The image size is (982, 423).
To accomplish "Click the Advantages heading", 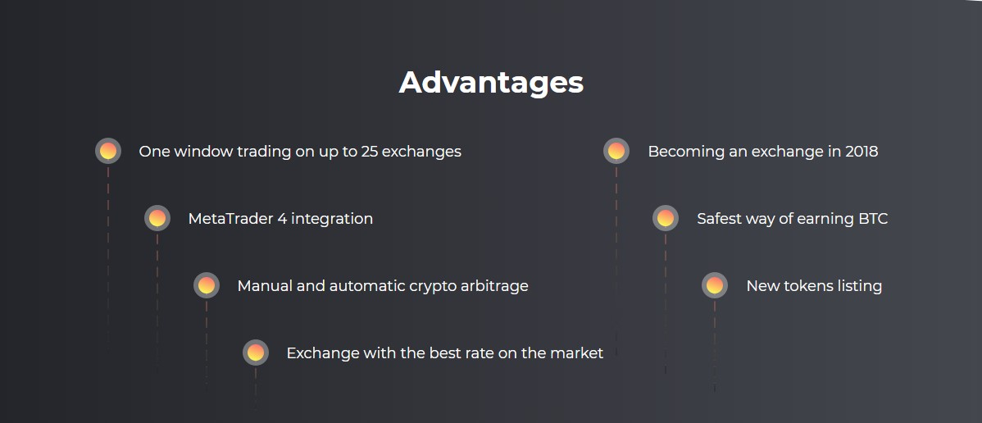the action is pos(491,83).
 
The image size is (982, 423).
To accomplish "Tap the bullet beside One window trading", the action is pos(107,151).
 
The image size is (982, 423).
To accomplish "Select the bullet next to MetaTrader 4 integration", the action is pos(157,218).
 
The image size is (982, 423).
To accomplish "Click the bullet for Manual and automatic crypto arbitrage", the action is pos(206,286).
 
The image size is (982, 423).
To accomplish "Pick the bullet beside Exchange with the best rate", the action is pos(256,352).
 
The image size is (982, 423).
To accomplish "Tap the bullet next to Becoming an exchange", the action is pos(616,151).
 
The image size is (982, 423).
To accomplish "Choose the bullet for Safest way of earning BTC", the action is pos(665,218).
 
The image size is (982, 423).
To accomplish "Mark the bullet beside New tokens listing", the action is pos(715,286).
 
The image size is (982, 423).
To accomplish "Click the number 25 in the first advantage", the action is pos(369,152).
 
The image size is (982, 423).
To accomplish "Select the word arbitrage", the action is pos(494,287).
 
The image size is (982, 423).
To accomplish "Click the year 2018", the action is pos(862,152).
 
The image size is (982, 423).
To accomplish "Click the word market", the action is pos(576,353).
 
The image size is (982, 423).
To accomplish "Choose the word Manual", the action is pos(260,286).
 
